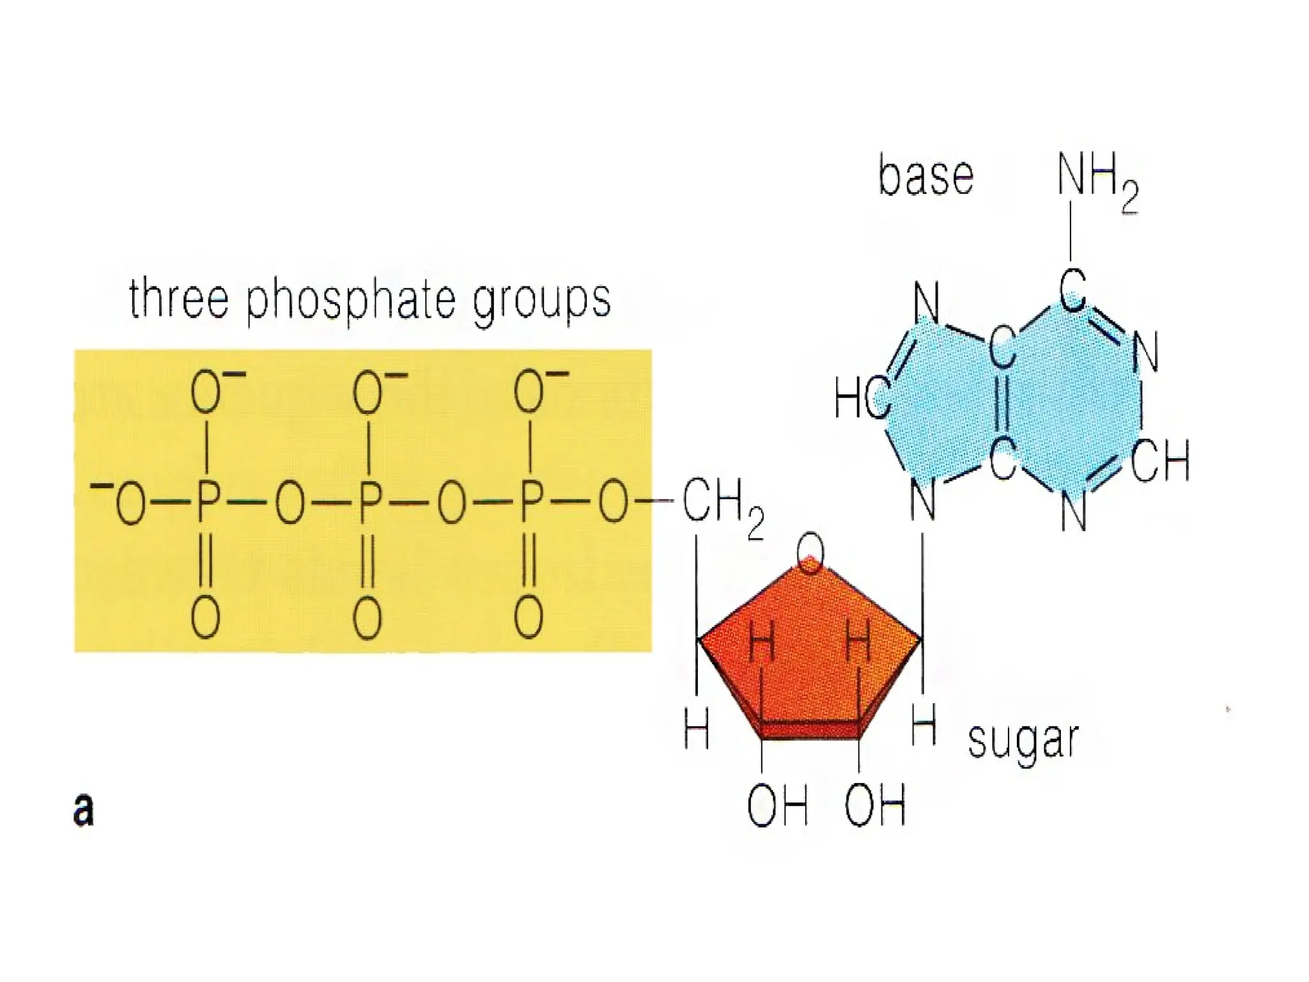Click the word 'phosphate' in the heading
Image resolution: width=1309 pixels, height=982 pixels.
point(350,300)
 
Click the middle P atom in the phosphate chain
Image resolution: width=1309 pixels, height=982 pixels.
point(368,503)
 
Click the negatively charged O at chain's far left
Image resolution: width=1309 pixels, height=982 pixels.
point(128,503)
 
